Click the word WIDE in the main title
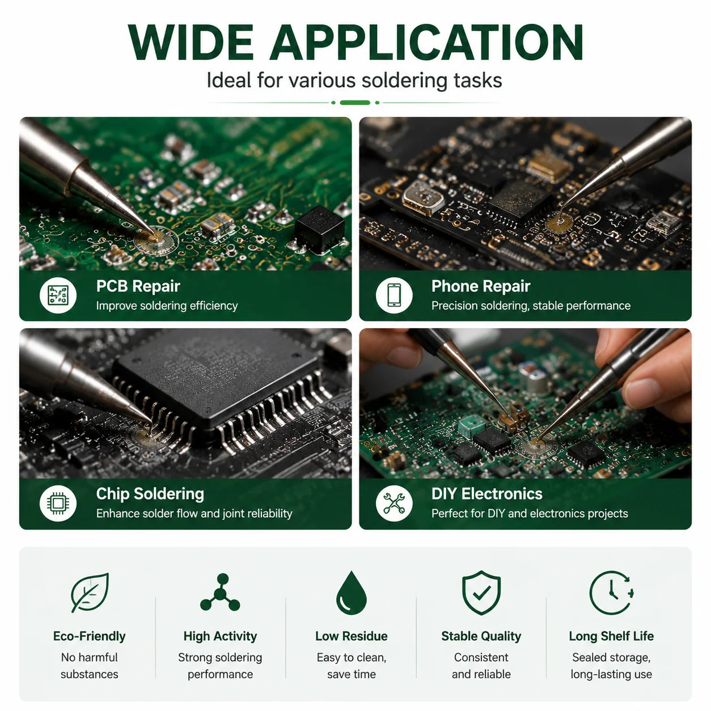pyautogui.click(x=191, y=42)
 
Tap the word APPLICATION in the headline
pyautogui.click(x=426, y=42)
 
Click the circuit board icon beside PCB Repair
pyautogui.click(x=58, y=295)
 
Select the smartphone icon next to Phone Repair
pyautogui.click(x=394, y=295)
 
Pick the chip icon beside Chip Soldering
pyautogui.click(x=58, y=503)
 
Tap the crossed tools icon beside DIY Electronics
pyautogui.click(x=394, y=503)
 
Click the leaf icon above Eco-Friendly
pyautogui.click(x=90, y=592)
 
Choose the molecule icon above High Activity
pyautogui.click(x=220, y=592)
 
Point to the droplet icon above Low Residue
pyautogui.click(x=352, y=592)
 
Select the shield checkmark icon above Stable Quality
pyautogui.click(x=481, y=592)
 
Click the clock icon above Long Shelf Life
pyautogui.click(x=611, y=592)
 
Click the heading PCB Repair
pyautogui.click(x=138, y=286)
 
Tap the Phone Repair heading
pyautogui.click(x=481, y=286)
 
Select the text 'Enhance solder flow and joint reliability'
pyautogui.click(x=194, y=513)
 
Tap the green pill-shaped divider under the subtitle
pyautogui.click(x=355, y=103)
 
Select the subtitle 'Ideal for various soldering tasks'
pyautogui.click(x=354, y=80)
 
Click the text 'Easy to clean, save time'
pyautogui.click(x=352, y=666)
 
